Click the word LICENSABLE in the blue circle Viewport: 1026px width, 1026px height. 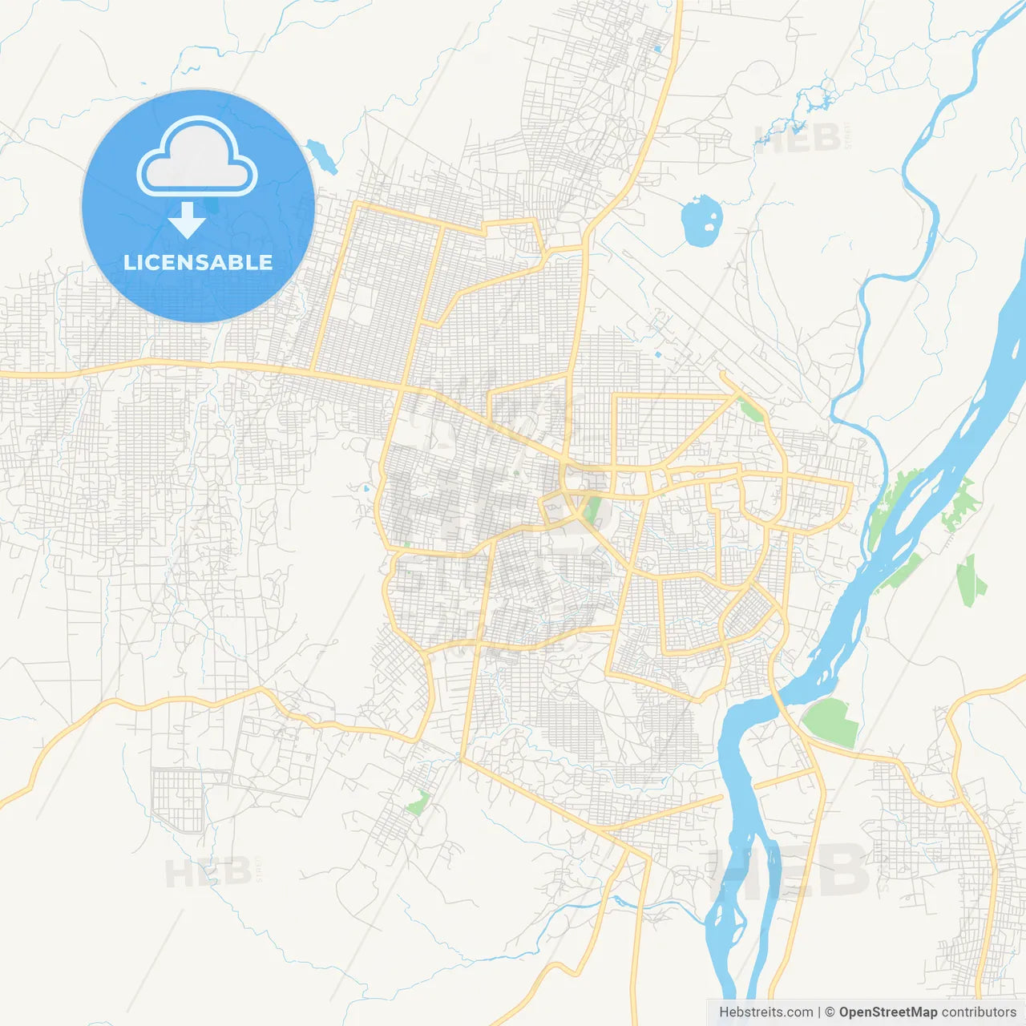point(198,262)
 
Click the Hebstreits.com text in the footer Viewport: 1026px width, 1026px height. point(765,1012)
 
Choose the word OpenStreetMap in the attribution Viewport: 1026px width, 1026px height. point(888,1012)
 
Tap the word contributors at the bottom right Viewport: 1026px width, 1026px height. point(979,1012)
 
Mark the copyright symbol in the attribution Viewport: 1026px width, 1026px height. point(830,1012)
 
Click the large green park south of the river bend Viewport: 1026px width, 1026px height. point(832,721)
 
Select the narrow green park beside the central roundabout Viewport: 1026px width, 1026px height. point(592,508)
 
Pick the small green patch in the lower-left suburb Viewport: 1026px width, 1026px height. point(418,802)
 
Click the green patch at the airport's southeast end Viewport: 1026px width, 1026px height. point(751,410)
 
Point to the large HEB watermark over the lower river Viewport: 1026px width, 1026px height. point(790,870)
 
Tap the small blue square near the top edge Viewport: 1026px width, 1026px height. point(657,49)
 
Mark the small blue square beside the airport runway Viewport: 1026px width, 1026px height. point(657,353)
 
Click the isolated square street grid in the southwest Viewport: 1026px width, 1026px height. point(178,799)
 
